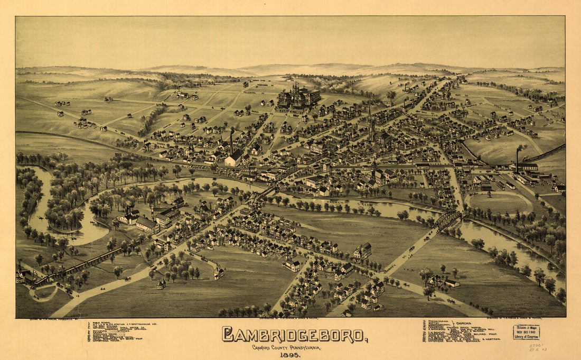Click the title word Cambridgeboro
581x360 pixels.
[x=294, y=335]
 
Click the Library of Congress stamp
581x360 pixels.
[x=527, y=331]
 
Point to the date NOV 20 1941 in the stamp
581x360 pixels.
[x=527, y=331]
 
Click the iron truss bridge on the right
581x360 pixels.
[x=447, y=220]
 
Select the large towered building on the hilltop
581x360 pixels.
[x=298, y=96]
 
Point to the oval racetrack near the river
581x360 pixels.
[x=500, y=202]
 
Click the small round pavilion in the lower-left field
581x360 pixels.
[x=161, y=284]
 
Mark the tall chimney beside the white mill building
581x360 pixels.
[x=231, y=143]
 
